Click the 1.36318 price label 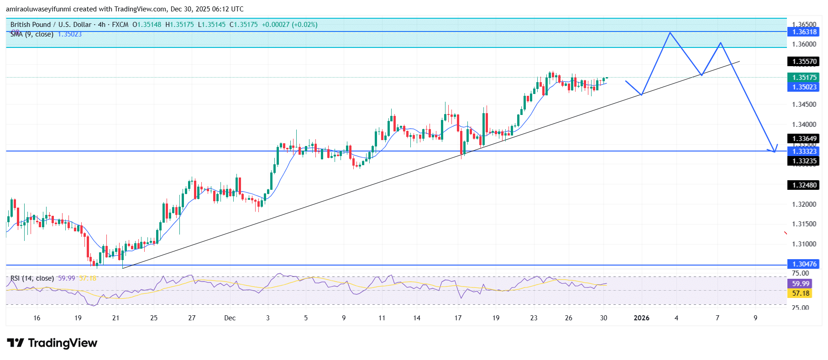[804, 32]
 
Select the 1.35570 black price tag [804, 62]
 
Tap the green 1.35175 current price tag [804, 78]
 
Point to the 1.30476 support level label [804, 264]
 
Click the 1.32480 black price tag [804, 185]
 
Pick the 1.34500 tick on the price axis [804, 104]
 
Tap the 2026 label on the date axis [641, 318]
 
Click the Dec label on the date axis [230, 318]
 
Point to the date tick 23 [534, 318]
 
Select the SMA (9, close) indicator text [32, 34]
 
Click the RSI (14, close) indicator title [32, 278]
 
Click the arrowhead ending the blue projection [775, 151]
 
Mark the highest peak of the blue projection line [670, 33]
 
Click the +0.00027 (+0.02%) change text [289, 25]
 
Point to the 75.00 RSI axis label [800, 273]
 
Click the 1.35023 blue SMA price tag [804, 87]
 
